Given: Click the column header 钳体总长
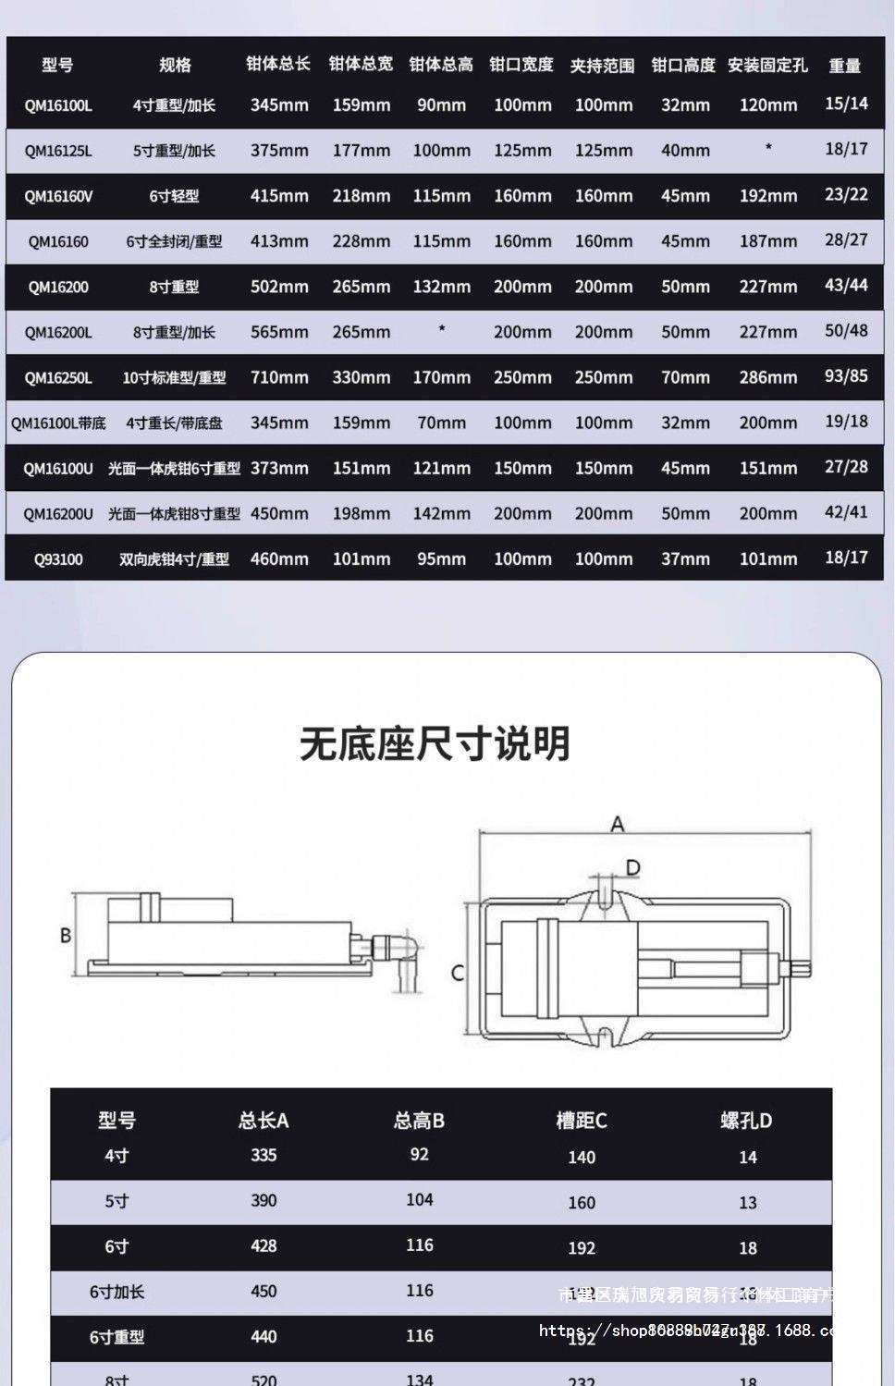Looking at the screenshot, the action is coord(277,64).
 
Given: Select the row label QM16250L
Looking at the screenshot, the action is coord(58,377).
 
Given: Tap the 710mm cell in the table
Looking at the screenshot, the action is coord(279,377).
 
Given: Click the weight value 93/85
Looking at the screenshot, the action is coord(846,375).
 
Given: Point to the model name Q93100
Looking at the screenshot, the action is coord(58,558).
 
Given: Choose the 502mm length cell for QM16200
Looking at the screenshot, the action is coord(279,287).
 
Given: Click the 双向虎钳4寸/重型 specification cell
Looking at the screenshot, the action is coord(174,558).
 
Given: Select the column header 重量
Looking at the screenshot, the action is coord(844,65).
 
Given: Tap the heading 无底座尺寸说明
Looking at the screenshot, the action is coord(435,743).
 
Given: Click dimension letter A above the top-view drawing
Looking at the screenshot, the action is coord(618,824).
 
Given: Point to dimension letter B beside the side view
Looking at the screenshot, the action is coord(66,935).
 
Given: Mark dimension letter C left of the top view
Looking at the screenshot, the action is coord(457,973).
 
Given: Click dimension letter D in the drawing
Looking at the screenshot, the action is coord(633,867).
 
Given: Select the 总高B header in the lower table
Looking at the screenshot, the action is coord(419,1121).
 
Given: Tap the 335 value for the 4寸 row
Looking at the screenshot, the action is coord(264,1155).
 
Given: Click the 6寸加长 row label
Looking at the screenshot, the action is coord(116,1292).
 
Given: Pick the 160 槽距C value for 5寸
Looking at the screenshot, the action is coord(582,1202).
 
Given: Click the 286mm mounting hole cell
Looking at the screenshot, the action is coord(767,377).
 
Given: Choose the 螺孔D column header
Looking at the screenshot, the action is coord(746,1121).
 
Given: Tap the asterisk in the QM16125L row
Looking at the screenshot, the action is coord(767,148).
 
